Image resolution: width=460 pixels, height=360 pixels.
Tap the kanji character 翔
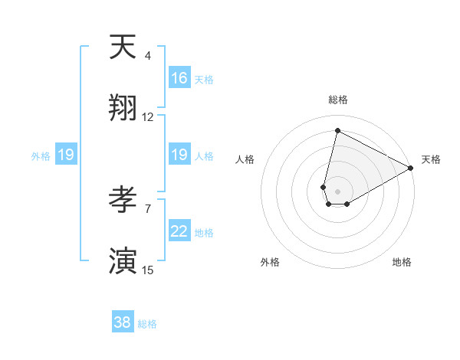(x=123, y=107)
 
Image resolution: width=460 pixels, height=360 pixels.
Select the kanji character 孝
(x=123, y=200)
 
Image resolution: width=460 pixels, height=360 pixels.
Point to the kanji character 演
(x=123, y=260)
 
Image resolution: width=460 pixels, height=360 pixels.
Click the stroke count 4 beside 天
(x=147, y=56)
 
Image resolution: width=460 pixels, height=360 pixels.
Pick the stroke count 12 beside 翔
(x=148, y=117)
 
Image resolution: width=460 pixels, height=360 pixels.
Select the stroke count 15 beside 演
(x=148, y=270)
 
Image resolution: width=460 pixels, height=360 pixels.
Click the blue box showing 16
(x=179, y=78)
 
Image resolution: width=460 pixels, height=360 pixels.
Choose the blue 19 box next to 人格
(x=179, y=155)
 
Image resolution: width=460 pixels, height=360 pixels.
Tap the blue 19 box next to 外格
(x=66, y=155)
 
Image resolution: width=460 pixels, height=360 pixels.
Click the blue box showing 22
(x=179, y=232)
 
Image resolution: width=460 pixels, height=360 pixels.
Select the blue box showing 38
(x=123, y=322)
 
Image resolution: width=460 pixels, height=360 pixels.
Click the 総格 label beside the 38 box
(x=147, y=324)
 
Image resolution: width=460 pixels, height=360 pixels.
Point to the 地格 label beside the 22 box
(x=204, y=233)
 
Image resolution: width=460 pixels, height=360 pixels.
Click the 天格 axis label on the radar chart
(x=431, y=159)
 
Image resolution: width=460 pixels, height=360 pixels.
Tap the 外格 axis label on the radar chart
(x=270, y=262)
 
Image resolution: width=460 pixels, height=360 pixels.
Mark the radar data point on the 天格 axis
(x=411, y=168)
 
